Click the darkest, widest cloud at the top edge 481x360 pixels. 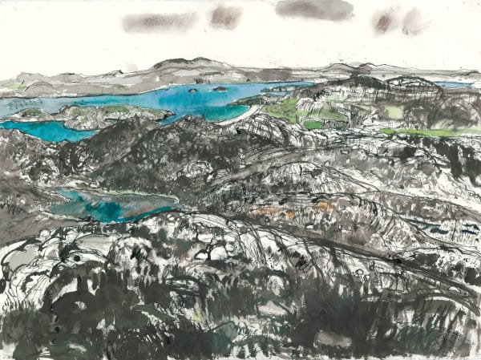pyautogui.click(x=314, y=9)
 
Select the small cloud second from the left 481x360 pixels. pyautogui.click(x=225, y=15)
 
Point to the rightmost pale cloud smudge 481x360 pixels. pyautogui.click(x=398, y=20)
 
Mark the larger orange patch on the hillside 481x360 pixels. pyautogui.click(x=322, y=207)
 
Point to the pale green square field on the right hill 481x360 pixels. pyautogui.click(x=394, y=111)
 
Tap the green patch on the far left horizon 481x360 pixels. pyautogui.click(x=14, y=85)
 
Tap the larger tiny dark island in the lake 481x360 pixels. pyautogui.click(x=219, y=88)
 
